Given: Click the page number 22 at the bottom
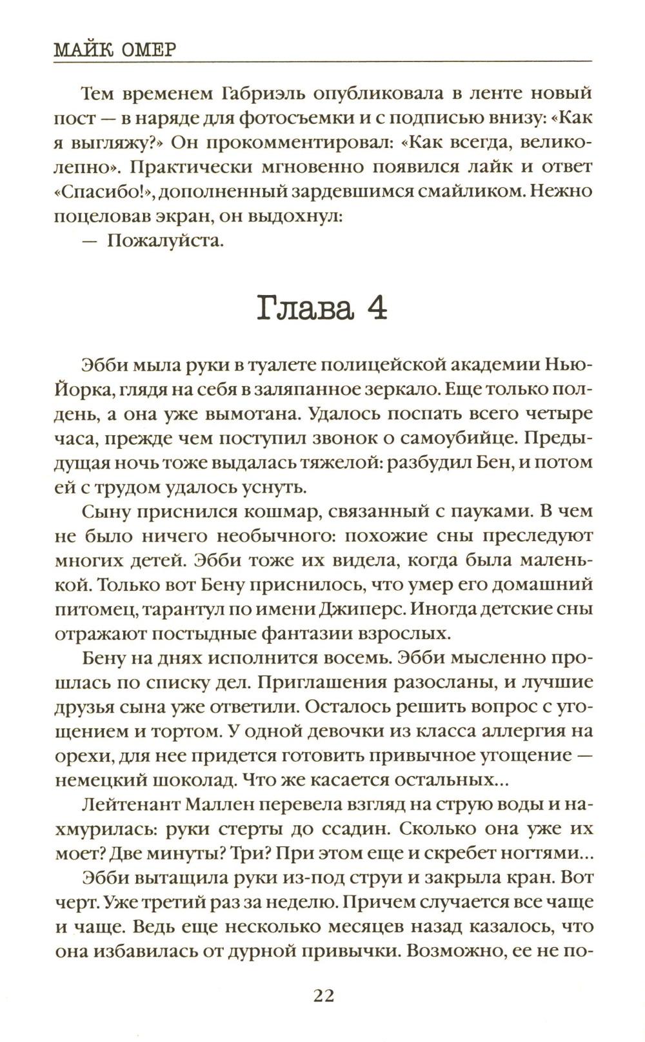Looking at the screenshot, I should [x=323, y=996].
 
